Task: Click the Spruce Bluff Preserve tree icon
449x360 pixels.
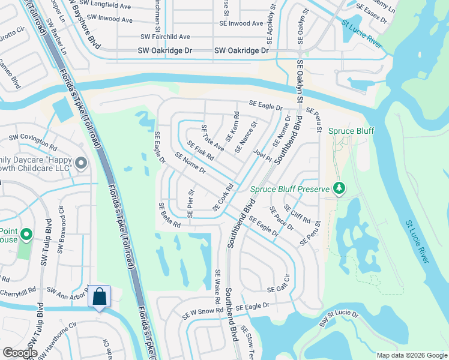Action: pos(339,189)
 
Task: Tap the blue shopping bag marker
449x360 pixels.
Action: pos(99,297)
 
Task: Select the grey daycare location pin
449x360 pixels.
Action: pos(81,163)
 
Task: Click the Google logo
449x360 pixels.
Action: pos(20,353)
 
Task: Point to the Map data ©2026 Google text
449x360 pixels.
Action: pos(411,355)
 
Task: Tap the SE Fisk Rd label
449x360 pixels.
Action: pos(200,150)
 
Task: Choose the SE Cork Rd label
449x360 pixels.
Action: pos(222,197)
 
